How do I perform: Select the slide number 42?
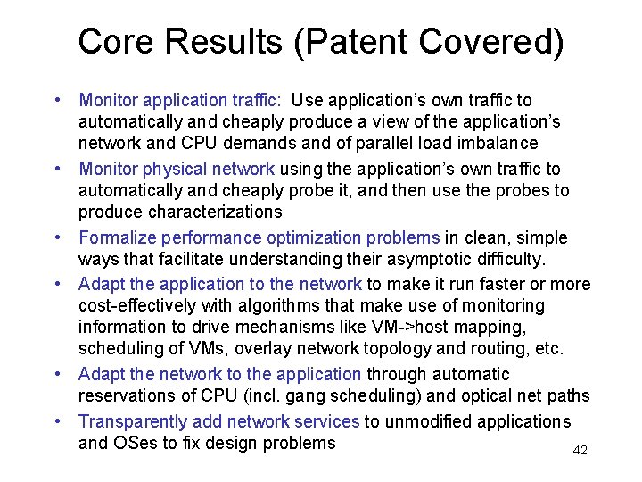(580, 451)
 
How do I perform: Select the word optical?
(462, 395)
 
